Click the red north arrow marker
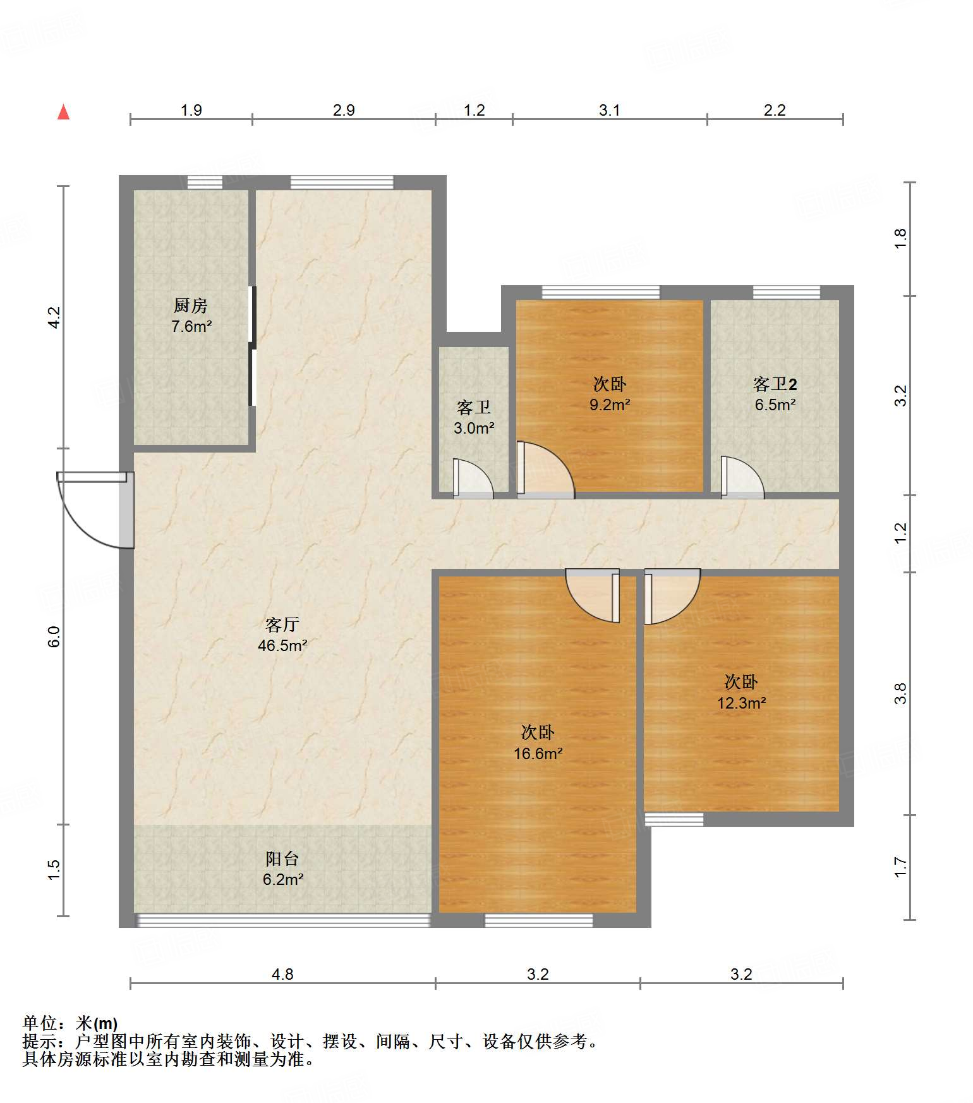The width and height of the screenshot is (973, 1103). [x=63, y=112]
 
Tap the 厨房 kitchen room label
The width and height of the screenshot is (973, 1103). [x=191, y=306]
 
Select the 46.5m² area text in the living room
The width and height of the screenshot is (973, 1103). [x=282, y=645]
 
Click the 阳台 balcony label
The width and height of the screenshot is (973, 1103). [x=282, y=858]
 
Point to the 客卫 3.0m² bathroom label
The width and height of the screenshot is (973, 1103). [x=474, y=417]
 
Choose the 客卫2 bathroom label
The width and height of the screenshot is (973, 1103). [x=775, y=384]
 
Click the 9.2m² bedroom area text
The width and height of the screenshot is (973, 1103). [x=610, y=405]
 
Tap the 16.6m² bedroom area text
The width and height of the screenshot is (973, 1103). [x=538, y=753]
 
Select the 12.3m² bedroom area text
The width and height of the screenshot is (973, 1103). [x=741, y=703]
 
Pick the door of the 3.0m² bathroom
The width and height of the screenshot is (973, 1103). [x=473, y=478]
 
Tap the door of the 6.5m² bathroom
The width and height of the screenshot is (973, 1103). [x=743, y=477]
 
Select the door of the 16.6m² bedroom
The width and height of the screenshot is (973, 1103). [x=592, y=595]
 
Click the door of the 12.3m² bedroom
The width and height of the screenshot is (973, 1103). [x=672, y=596]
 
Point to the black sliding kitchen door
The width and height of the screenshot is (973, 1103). [x=252, y=346]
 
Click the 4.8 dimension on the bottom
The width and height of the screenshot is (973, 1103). [x=282, y=974]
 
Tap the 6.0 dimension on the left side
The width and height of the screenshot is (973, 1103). [x=54, y=636]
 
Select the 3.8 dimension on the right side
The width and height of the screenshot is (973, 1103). [x=900, y=693]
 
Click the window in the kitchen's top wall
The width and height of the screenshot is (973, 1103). [x=205, y=183]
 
